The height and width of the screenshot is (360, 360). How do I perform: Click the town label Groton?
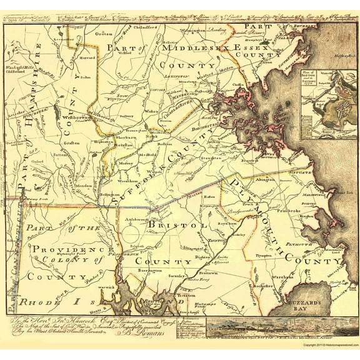[x=104, y=34]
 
